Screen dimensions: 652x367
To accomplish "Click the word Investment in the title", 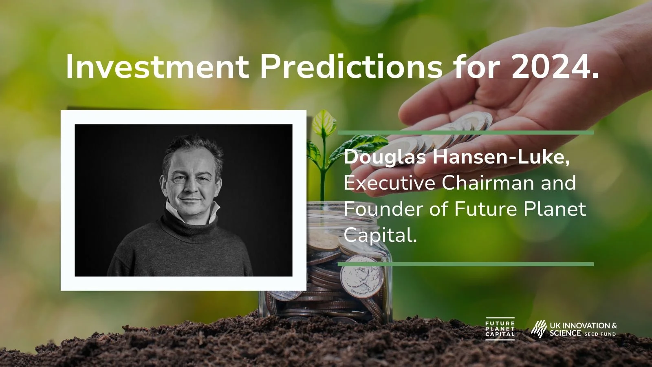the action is [x=157, y=66].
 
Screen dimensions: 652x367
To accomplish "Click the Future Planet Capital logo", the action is [x=500, y=329].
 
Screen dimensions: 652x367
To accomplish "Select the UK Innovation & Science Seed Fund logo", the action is [x=573, y=329].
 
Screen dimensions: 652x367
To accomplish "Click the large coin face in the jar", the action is [x=362, y=277].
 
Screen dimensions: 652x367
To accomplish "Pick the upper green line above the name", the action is [x=465, y=133].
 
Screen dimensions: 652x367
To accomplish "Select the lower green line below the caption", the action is [x=465, y=264].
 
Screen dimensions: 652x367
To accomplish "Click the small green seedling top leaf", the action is [x=324, y=123].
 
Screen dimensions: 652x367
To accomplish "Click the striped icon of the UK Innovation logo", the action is [x=539, y=329].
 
